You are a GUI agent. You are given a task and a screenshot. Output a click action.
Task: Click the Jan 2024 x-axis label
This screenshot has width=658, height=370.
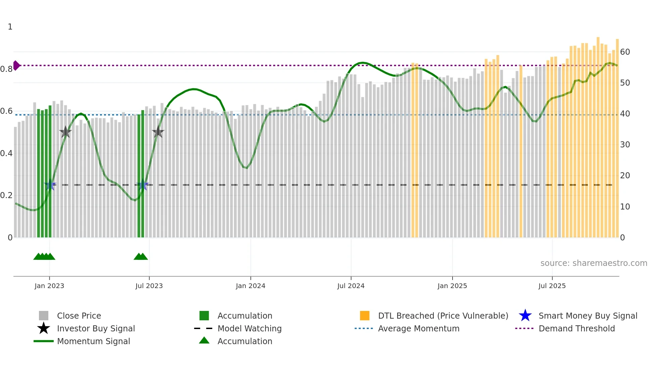point(250,286)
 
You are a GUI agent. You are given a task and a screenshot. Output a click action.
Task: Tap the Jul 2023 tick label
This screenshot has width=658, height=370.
point(149,286)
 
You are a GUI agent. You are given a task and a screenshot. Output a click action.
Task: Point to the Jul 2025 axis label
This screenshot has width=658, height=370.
point(552,286)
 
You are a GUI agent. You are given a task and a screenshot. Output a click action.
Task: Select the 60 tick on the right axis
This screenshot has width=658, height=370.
point(625,52)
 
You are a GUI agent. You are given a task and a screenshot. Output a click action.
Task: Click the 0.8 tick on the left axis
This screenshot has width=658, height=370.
point(6,69)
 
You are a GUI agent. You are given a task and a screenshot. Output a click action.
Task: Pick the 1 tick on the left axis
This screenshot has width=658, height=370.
point(10,27)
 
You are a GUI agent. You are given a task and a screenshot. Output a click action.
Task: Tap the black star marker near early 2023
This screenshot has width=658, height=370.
point(65,132)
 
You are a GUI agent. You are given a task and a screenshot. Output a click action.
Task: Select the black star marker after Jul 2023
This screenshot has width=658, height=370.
point(158,132)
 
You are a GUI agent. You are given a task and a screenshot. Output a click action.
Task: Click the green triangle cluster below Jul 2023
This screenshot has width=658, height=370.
point(141,257)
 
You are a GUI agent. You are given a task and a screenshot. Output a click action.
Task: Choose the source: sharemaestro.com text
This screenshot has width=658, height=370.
point(594,263)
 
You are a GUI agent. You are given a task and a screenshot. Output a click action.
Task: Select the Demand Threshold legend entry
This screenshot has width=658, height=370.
point(576,328)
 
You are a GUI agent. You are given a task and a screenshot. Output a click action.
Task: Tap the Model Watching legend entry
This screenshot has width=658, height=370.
point(249,328)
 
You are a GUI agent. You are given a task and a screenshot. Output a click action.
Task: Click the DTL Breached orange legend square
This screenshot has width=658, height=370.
point(365,316)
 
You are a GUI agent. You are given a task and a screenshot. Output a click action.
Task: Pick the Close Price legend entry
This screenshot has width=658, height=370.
point(79,316)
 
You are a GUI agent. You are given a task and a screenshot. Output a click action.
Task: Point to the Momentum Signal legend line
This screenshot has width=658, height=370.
point(44,341)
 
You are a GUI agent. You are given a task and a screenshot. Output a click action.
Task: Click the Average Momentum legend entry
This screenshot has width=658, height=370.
point(418,328)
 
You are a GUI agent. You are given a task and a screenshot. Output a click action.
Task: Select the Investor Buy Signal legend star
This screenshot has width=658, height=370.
point(44,328)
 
